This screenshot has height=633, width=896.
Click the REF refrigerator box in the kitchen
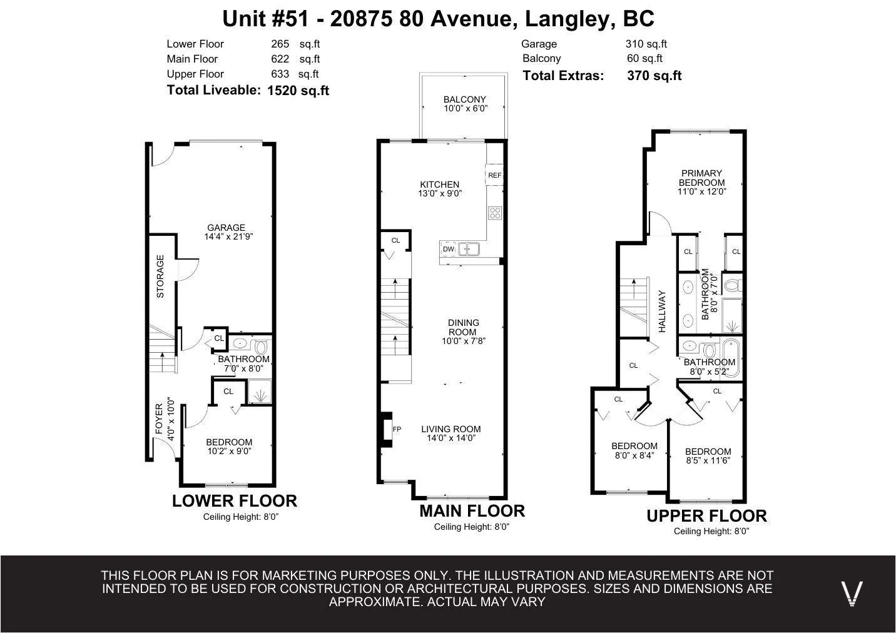(x=494, y=175)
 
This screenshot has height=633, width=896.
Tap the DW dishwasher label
(x=448, y=249)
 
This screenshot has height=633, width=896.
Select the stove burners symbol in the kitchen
(x=495, y=213)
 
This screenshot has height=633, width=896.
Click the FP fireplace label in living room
(x=397, y=429)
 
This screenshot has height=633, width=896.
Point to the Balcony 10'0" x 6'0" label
(x=464, y=104)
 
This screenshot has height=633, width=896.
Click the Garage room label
(x=227, y=232)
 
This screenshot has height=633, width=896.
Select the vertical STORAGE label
(x=160, y=276)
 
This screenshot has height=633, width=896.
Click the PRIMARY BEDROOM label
(x=701, y=182)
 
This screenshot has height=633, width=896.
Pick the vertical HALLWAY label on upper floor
(x=662, y=311)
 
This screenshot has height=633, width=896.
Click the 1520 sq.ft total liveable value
(x=298, y=91)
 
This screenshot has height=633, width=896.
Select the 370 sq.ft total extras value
(x=654, y=76)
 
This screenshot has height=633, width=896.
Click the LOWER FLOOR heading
(x=234, y=501)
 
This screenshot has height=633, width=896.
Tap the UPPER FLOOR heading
(x=706, y=516)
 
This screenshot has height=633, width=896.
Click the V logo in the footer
(x=851, y=593)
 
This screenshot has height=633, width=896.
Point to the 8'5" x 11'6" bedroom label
(x=708, y=456)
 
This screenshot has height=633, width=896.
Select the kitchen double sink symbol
(x=469, y=250)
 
